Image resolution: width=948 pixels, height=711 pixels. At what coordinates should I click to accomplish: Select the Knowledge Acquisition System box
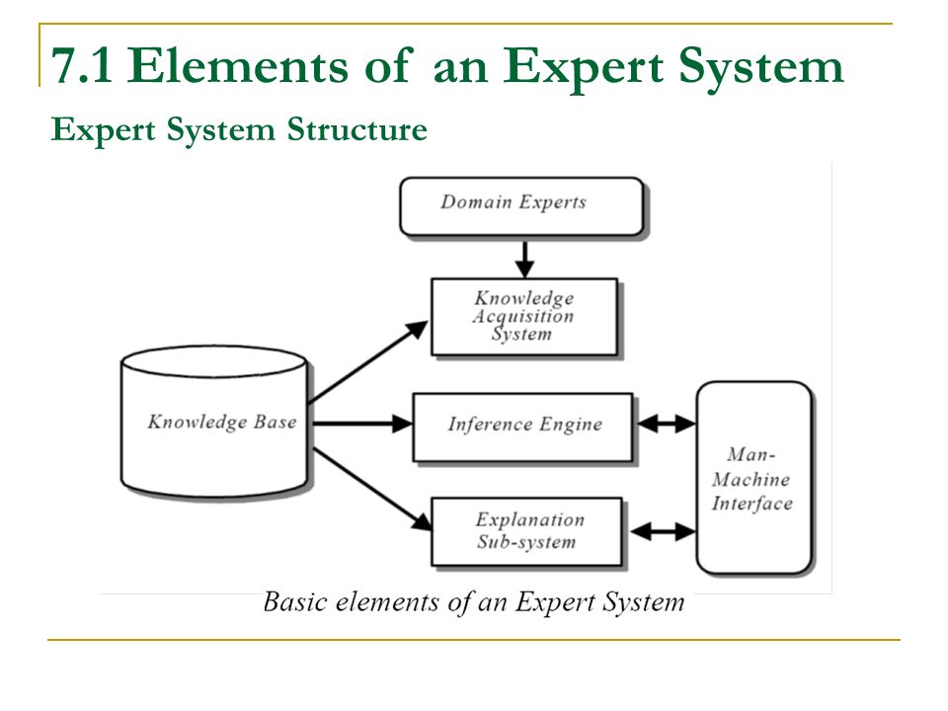pyautogui.click(x=524, y=317)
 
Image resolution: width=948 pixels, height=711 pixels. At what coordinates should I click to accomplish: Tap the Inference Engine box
pyautogui.click(x=523, y=428)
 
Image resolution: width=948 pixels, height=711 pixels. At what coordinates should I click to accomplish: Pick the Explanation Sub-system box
pyautogui.click(x=526, y=532)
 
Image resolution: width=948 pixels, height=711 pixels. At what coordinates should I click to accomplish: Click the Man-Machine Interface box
pyautogui.click(x=753, y=478)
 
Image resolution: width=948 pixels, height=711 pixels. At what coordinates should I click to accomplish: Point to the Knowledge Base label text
pyautogui.click(x=222, y=422)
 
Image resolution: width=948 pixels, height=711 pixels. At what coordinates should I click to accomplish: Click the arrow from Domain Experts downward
pyautogui.click(x=524, y=259)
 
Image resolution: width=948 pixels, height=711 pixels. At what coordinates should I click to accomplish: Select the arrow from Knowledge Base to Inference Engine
pyautogui.click(x=362, y=424)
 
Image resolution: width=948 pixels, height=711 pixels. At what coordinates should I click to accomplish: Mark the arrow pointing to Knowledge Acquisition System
pyautogui.click(x=368, y=361)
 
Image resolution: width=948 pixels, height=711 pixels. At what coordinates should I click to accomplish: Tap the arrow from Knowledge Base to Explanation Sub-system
pyautogui.click(x=372, y=489)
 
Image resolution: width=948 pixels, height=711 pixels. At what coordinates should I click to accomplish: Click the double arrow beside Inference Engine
pyautogui.click(x=666, y=424)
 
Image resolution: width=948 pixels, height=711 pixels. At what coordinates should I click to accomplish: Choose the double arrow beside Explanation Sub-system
pyautogui.click(x=662, y=531)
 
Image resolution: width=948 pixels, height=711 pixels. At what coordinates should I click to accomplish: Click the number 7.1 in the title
pyautogui.click(x=82, y=65)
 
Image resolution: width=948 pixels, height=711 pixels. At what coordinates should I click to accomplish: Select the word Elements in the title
pyautogui.click(x=238, y=65)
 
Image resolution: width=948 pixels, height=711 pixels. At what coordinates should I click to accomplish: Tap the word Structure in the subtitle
pyautogui.click(x=356, y=128)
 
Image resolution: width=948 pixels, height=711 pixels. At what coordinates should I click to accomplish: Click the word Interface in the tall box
pyautogui.click(x=752, y=503)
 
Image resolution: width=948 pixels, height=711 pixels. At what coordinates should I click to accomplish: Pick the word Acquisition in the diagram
pyautogui.click(x=523, y=316)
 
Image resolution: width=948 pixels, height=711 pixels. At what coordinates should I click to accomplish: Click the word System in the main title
pyautogui.click(x=760, y=67)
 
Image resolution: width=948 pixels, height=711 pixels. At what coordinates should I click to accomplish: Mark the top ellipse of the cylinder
pyautogui.click(x=214, y=361)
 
